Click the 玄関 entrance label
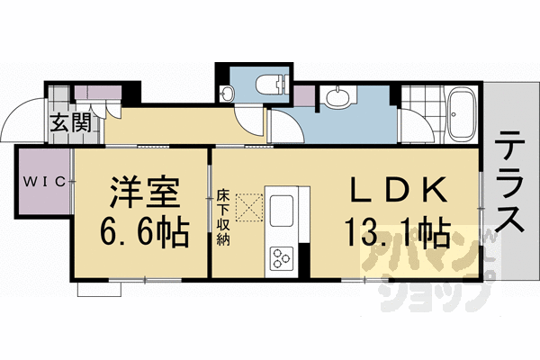[x=68, y=121]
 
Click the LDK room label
[x=397, y=191]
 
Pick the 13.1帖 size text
[x=395, y=233]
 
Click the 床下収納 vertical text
[x=222, y=217]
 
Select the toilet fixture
[x=269, y=86]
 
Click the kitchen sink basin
[x=281, y=212]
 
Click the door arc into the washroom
[x=281, y=126]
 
